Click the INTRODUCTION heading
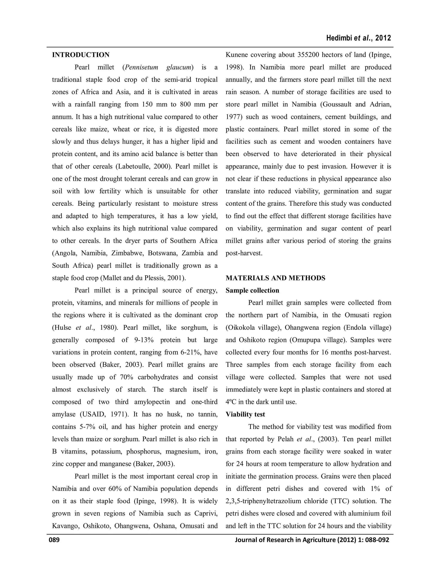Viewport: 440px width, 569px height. coord(81,55)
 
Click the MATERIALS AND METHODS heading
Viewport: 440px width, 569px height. coord(275,278)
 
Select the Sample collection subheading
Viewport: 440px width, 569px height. coord(252,291)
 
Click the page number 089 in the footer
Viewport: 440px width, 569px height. coord(54,540)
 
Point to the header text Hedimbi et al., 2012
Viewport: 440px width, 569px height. coord(358,38)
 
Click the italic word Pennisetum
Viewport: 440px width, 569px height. coord(141,67)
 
